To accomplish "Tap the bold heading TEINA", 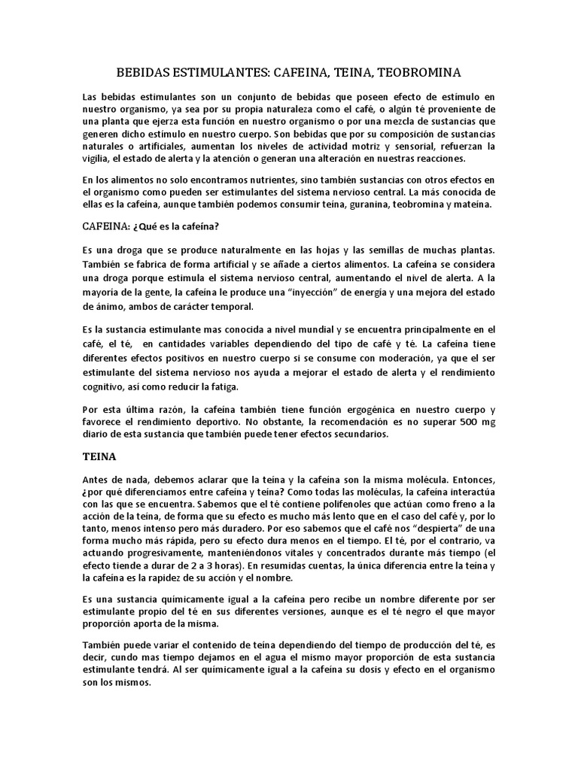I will pos(99,456).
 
